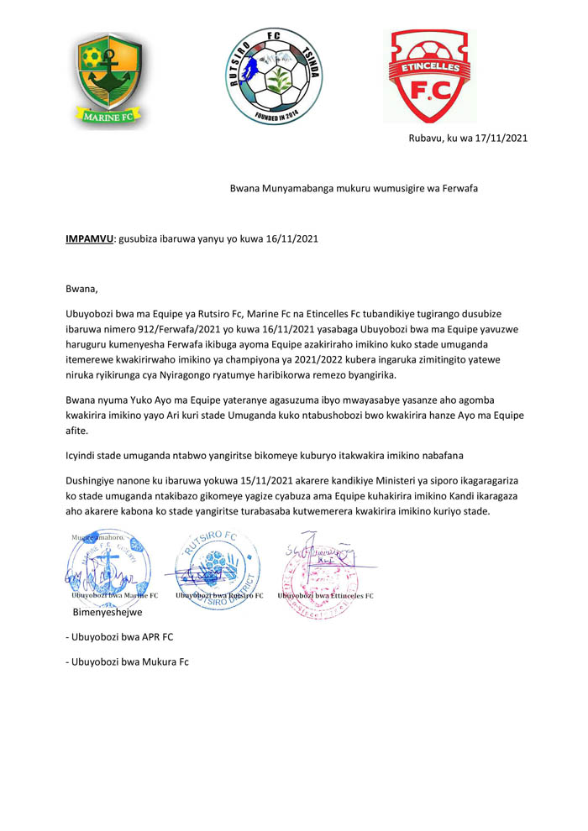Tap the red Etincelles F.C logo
(430, 76)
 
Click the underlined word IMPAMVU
(90, 238)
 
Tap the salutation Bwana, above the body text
(82, 289)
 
